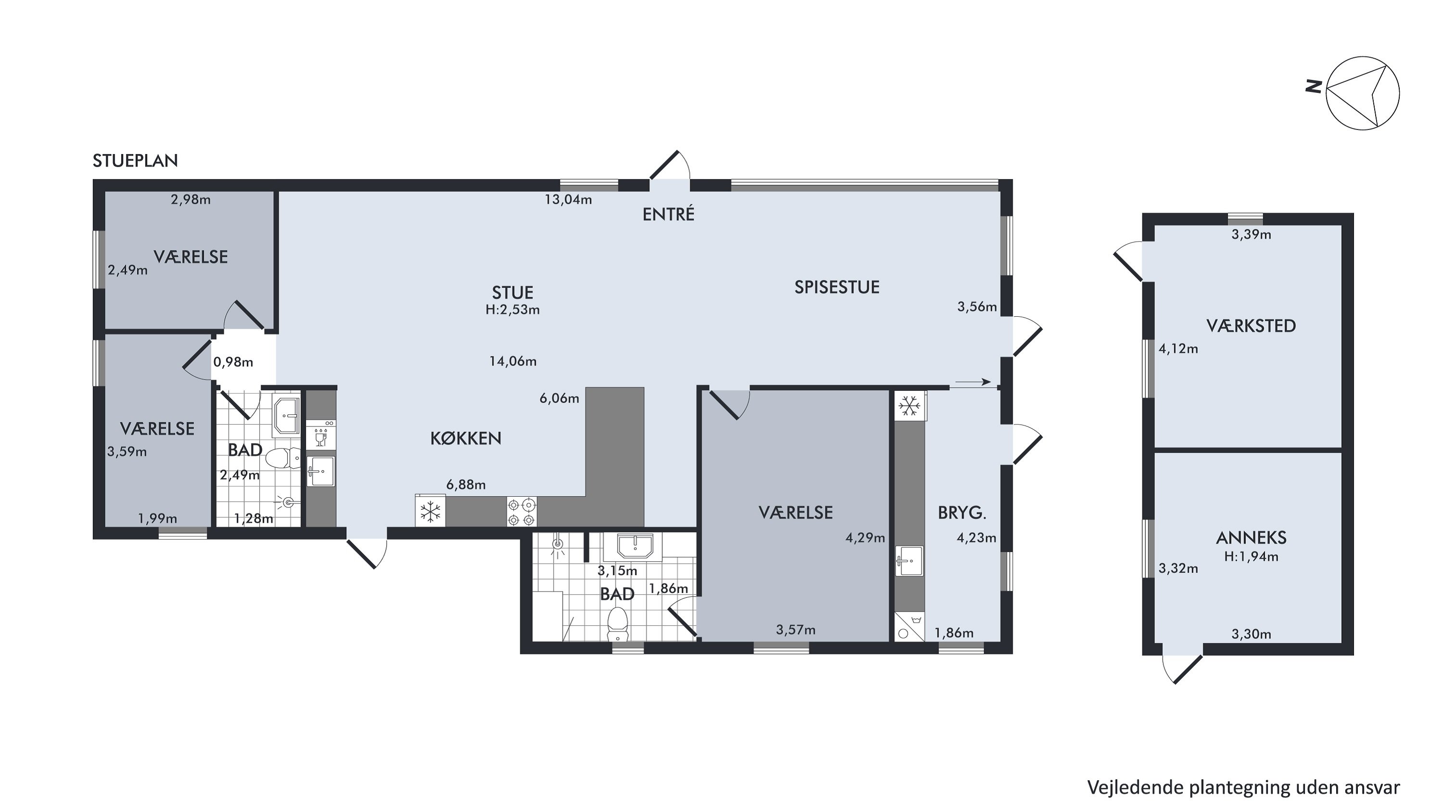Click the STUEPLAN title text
pos(135,161)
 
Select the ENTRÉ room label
pos(668,214)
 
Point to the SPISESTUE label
pos(837,287)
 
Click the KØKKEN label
pos(466,438)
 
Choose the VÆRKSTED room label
pos(1251,325)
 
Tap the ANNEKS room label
pos(1251,538)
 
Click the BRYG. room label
pos(962,512)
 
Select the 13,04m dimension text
pos(568,199)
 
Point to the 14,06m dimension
pos(513,361)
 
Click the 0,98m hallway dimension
pos(233,362)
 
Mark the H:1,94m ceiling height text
pos(1251,556)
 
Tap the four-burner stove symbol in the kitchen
pos(521,512)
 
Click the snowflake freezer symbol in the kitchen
pos(430,512)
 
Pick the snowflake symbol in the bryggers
pos(909,406)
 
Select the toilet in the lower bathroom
pos(617,623)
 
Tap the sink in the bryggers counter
pos(909,561)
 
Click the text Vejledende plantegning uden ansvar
pos(1243,787)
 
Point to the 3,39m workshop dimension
pos(1251,235)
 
